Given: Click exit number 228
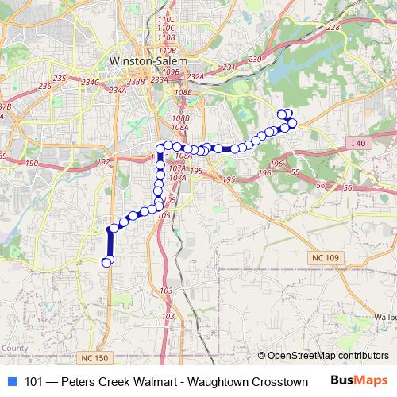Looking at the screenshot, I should pos(333,28).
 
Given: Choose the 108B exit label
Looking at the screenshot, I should pos(183,93).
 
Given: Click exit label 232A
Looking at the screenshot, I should pos(195,76).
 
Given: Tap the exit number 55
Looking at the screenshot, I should pos(295,172).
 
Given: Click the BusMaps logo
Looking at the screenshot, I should pos(361,381).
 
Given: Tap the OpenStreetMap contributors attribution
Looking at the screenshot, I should pos(331,356).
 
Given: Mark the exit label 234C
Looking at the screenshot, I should pos(90,82).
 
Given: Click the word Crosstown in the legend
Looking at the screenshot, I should pos(279,382).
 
